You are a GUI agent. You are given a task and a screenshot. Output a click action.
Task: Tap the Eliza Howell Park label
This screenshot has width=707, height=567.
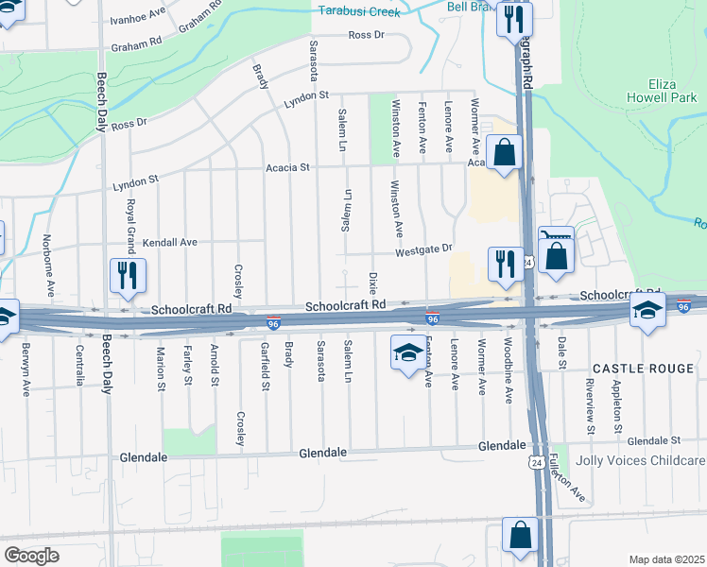click(x=662, y=90)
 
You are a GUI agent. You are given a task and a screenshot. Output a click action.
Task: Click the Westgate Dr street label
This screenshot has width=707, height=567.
click(x=424, y=249)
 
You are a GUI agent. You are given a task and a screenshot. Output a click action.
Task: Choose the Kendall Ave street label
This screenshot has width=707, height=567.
click(x=169, y=243)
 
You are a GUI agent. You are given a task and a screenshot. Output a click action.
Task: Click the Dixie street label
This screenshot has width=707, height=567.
click(x=372, y=283)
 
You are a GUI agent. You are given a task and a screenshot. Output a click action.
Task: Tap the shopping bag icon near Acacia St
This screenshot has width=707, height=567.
click(x=505, y=151)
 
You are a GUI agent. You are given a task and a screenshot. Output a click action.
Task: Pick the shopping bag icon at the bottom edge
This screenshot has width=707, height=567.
click(x=520, y=534)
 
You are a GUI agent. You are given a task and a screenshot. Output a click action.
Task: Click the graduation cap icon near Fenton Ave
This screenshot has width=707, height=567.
click(x=407, y=353)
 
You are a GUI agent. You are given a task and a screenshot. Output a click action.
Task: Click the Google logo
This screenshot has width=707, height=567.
click(x=31, y=556)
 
